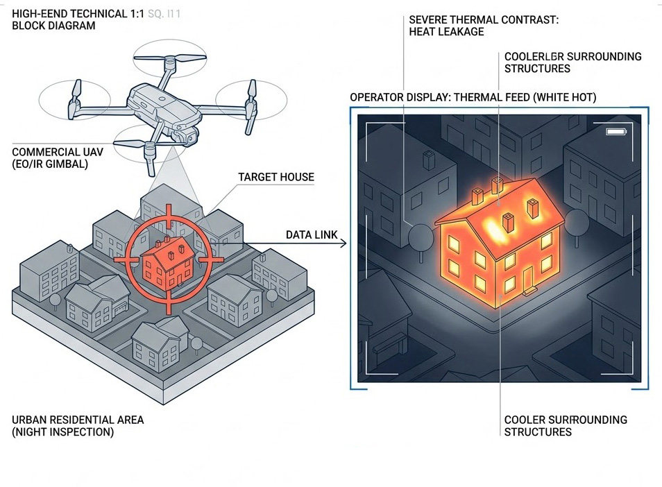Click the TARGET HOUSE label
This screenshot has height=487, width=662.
pos(276,177)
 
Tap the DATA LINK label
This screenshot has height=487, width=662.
pos(312,235)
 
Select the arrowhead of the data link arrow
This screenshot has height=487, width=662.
pos(345,245)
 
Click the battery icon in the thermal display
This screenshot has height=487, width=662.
pos(616,132)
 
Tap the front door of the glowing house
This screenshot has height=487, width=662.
pos(530,279)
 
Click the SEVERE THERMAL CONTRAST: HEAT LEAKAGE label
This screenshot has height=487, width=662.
pos(484,26)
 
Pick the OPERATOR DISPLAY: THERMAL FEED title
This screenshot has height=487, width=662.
pos(473,97)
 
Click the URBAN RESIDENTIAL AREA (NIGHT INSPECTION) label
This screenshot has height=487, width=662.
pos(78,426)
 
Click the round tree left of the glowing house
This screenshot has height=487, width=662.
pos(421,237)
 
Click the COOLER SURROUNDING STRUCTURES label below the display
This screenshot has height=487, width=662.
pos(566,426)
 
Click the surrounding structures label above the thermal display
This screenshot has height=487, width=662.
pos(572,62)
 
